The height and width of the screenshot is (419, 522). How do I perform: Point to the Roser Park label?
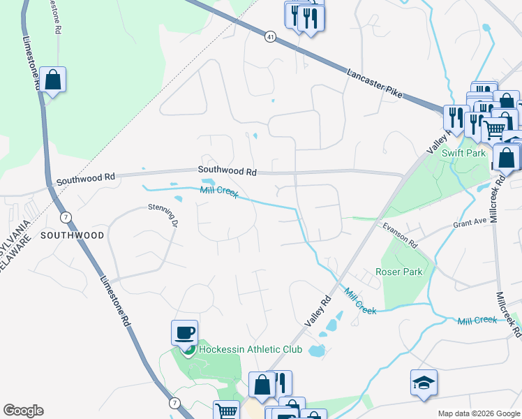(x=398, y=272)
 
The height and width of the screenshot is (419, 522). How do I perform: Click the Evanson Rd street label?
(x=399, y=235)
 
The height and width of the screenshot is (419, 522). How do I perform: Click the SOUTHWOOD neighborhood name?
(x=72, y=235)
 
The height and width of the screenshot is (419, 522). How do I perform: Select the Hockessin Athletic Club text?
(x=251, y=349)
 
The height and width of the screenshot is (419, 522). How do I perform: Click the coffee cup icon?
(x=184, y=332)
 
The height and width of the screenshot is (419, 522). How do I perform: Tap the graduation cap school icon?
(x=424, y=383)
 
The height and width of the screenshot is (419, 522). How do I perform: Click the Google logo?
(x=23, y=411)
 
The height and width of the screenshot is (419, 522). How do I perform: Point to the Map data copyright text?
(x=478, y=413)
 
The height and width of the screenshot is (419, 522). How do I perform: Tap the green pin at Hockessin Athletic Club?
(x=188, y=349)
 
